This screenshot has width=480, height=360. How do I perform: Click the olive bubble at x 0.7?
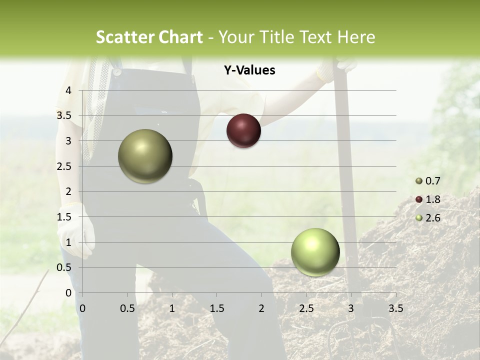[145, 156]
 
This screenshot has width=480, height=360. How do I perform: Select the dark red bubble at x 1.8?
[243, 131]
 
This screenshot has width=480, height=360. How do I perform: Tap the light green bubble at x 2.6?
[315, 252]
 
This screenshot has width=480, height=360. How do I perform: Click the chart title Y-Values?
[249, 70]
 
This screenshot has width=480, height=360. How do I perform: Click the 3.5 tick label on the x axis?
[395, 308]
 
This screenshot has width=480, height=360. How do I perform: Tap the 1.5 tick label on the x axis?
[216, 308]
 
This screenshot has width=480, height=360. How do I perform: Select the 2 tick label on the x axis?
[261, 308]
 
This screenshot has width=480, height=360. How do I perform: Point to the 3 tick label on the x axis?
[351, 308]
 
